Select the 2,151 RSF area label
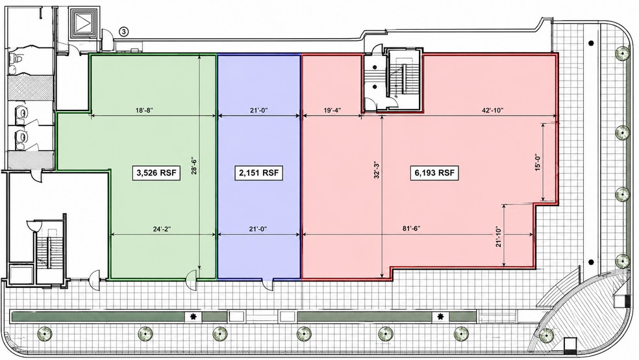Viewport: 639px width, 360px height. click(258, 173)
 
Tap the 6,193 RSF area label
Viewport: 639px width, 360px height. click(434, 173)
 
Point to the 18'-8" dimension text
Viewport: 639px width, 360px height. click(144, 110)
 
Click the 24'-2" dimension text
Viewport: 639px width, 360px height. click(162, 229)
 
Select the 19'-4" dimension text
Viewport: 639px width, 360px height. click(332, 110)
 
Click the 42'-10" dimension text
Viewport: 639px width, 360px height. click(493, 110)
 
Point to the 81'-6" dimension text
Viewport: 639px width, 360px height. click(411, 229)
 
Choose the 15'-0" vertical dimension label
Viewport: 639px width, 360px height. click(538, 162)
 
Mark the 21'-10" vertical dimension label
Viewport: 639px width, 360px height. click(498, 237)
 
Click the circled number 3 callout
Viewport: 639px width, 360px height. click(124, 31)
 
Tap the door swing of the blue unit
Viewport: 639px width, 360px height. click(268, 284)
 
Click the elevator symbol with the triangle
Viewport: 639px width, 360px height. click(85, 23)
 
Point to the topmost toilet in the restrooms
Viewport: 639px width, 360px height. click(16, 58)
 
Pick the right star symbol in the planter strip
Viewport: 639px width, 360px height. click(440, 316)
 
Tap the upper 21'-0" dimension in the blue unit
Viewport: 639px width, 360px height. click(258, 110)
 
